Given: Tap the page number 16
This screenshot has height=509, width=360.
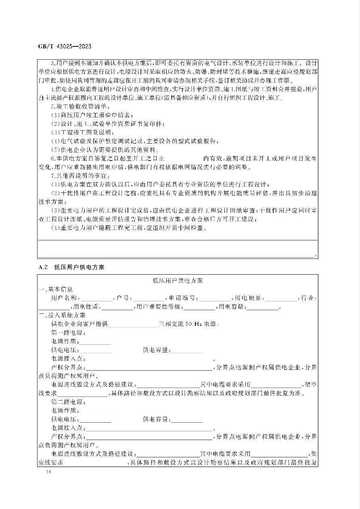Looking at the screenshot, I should click(50, 471).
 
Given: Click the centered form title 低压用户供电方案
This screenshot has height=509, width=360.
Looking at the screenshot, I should click(177, 281).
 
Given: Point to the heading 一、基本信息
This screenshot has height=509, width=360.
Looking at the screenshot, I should click(56, 289).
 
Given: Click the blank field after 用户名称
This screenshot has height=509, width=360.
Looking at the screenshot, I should click(97, 298).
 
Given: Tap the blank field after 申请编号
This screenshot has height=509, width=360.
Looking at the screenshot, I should click(215, 298).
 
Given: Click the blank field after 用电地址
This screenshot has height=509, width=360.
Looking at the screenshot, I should click(281, 298).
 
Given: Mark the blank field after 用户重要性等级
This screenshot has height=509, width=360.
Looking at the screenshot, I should click(199, 307).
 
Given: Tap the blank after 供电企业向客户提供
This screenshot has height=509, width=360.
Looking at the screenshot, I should click(133, 324).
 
